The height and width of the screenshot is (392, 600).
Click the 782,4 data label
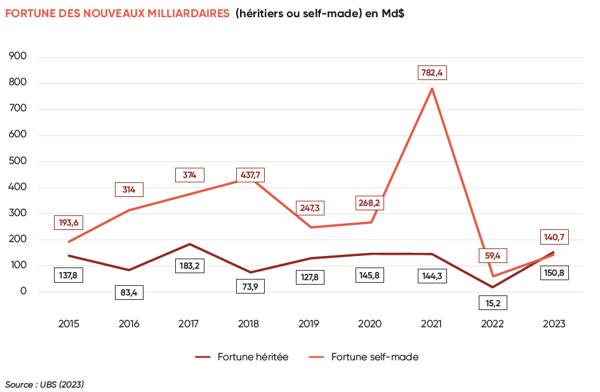(x=433, y=72)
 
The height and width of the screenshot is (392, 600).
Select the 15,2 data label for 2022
(x=493, y=303)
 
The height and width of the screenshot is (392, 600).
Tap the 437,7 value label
(x=250, y=174)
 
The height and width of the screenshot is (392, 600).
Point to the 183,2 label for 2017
(x=189, y=266)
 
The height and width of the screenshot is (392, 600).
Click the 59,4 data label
(x=493, y=256)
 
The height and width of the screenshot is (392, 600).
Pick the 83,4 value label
(x=130, y=293)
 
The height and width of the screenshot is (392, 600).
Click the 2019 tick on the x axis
(x=309, y=324)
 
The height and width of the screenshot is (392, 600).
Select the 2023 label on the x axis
(x=554, y=324)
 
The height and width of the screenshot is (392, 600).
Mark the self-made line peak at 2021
(x=432, y=88)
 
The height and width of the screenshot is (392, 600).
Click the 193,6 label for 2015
(x=70, y=222)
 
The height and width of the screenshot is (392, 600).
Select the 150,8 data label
(x=554, y=273)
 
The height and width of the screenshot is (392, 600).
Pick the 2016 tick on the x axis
(x=129, y=324)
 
